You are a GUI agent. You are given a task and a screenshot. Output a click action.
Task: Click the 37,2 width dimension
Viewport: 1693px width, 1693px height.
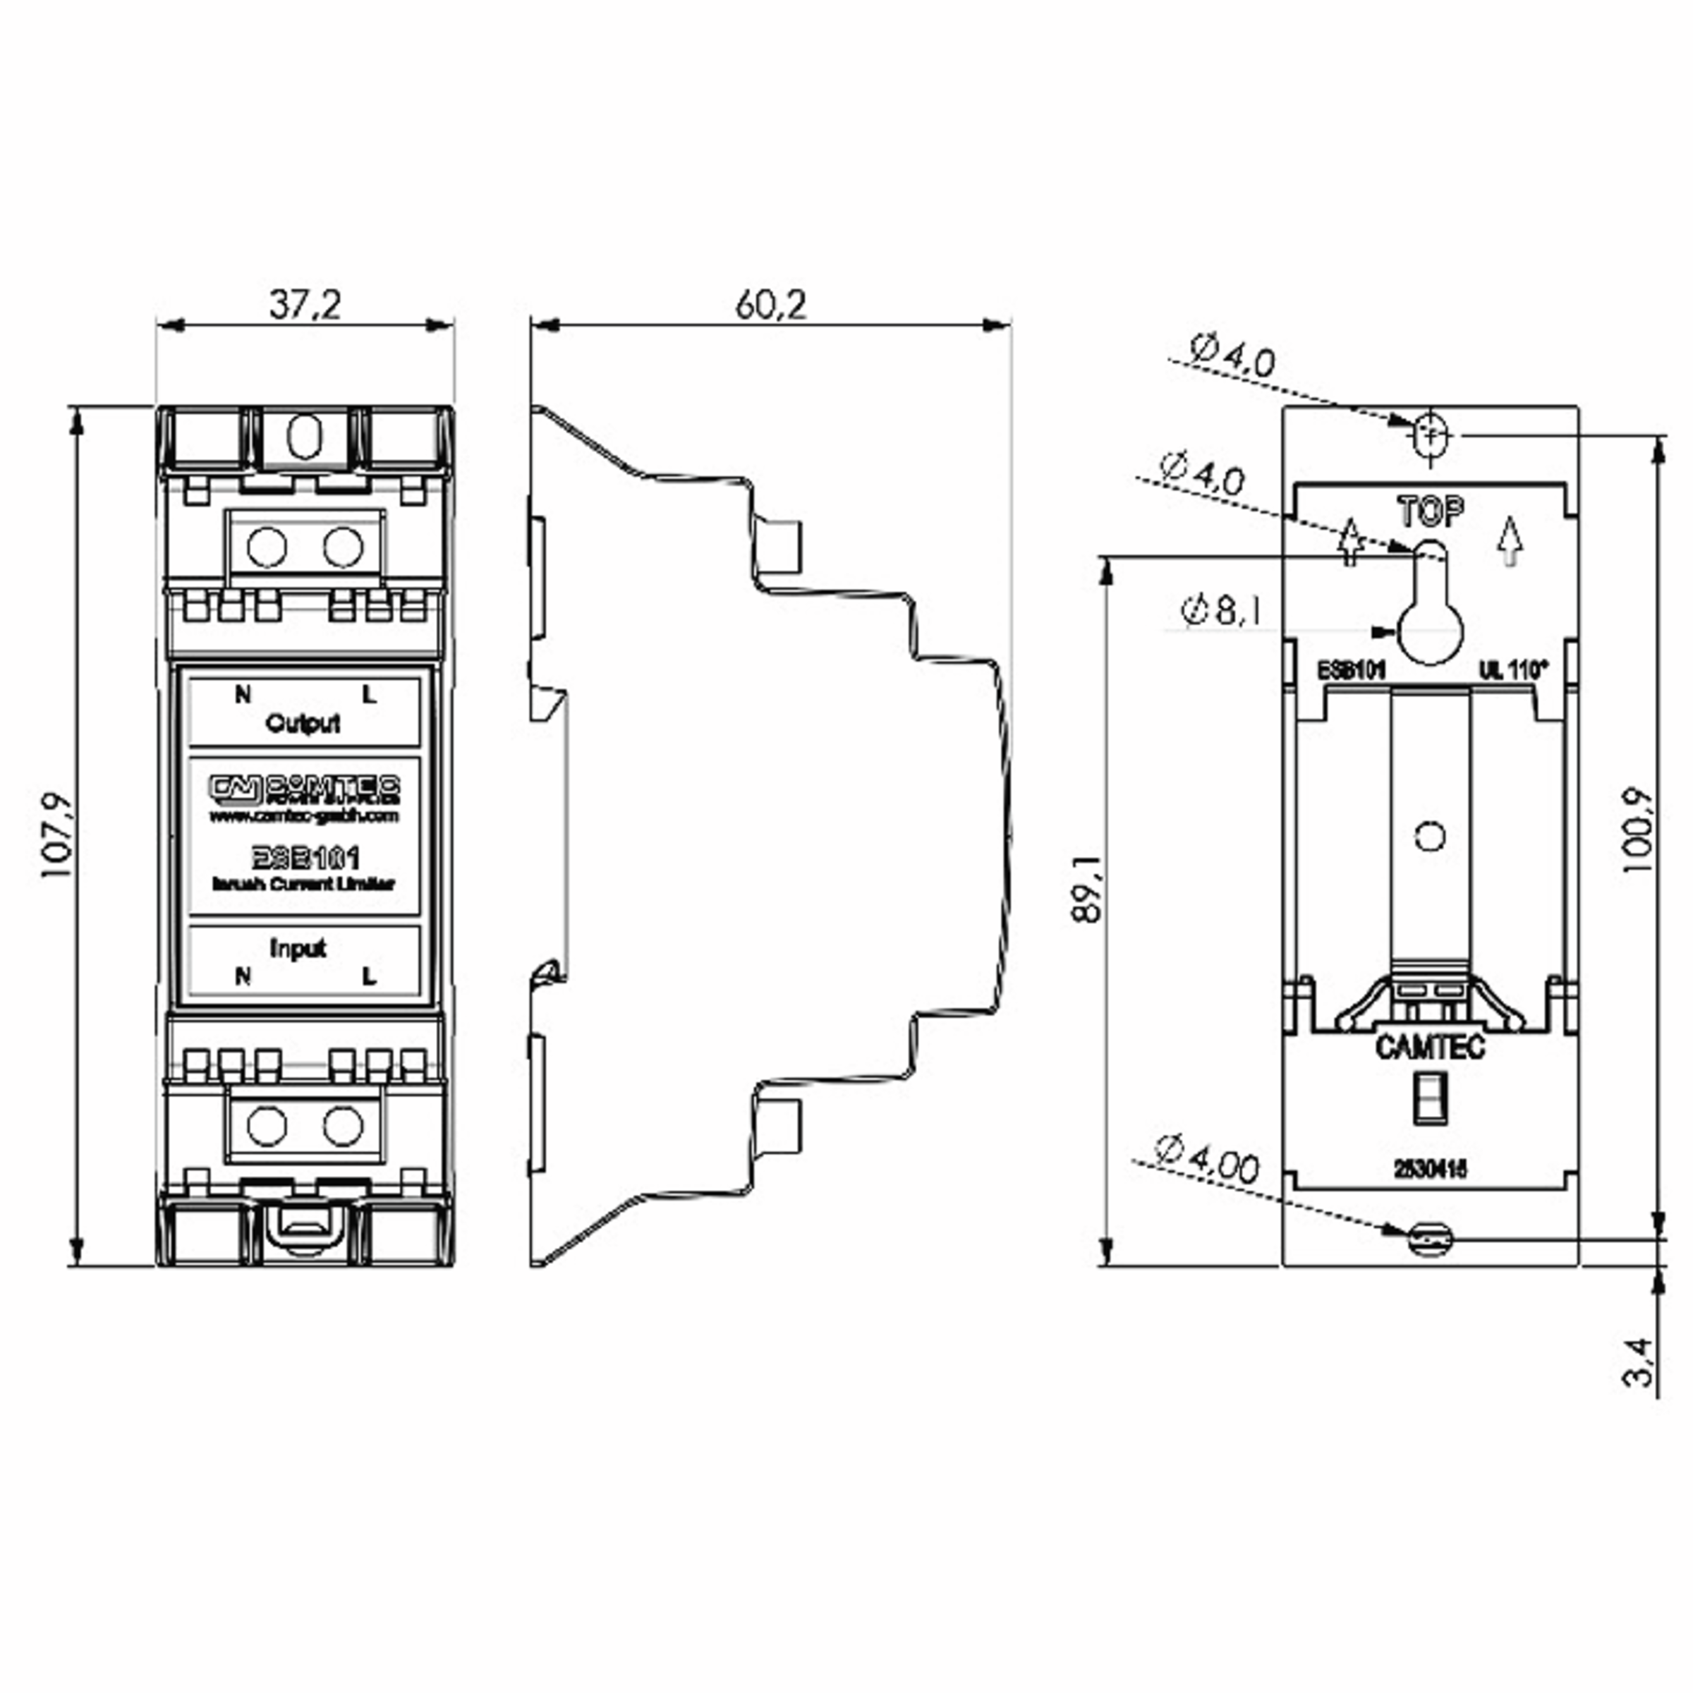(x=304, y=305)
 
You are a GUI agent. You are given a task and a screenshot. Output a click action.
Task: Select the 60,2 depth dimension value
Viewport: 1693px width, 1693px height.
(x=770, y=305)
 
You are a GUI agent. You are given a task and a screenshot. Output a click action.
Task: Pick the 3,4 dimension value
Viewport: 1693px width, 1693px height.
(x=1637, y=1361)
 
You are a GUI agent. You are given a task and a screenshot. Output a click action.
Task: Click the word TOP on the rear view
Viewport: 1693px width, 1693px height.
(x=1430, y=511)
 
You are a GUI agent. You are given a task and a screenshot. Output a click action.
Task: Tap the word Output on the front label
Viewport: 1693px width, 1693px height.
(x=303, y=724)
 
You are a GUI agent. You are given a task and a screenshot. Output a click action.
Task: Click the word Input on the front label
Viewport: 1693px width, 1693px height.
(x=298, y=948)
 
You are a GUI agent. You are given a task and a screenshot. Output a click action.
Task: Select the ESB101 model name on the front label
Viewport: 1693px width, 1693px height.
(x=305, y=857)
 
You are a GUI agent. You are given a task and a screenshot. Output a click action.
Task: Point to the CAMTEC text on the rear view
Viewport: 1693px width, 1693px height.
(x=1430, y=1047)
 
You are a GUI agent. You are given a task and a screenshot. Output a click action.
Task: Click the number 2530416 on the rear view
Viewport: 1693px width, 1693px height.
(x=1430, y=1169)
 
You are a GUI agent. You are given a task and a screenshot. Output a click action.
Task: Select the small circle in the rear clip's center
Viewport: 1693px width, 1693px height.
(x=1430, y=836)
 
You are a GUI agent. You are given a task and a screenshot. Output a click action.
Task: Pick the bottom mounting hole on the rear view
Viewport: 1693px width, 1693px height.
(x=1429, y=1239)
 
